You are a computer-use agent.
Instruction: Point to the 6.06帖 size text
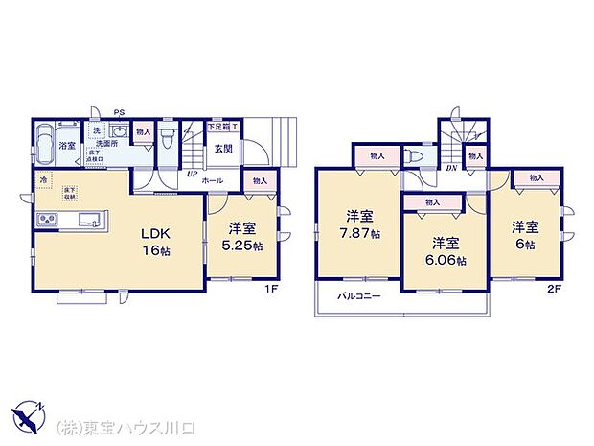[447, 260]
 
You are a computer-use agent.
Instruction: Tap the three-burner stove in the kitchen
[48, 222]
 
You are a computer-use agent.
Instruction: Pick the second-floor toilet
[414, 155]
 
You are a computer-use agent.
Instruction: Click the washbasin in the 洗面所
[97, 131]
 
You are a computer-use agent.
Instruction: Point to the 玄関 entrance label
[222, 148]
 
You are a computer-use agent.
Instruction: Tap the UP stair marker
[192, 175]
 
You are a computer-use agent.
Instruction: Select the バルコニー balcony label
[358, 296]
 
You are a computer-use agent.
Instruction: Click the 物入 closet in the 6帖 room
[536, 177]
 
